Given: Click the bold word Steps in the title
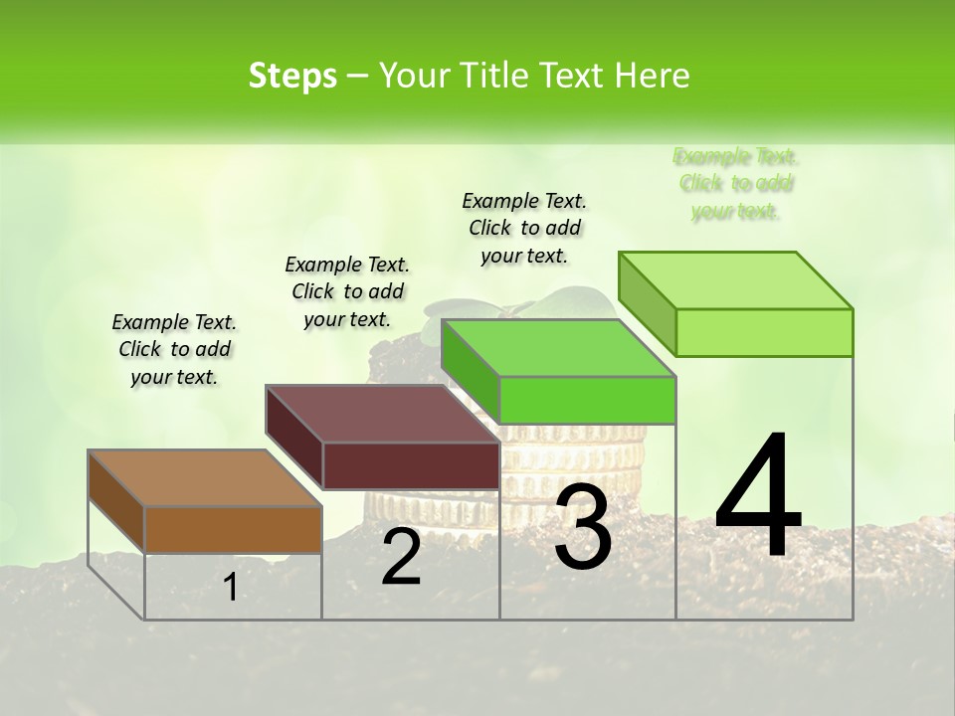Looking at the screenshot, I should [292, 76].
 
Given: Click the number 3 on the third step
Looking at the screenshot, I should [583, 528].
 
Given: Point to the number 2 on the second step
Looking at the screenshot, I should [401, 557].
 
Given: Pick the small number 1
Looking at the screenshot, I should [230, 588].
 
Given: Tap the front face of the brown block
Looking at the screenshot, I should [233, 529].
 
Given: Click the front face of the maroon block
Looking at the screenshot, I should [411, 465].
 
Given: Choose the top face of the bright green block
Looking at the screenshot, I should [558, 348].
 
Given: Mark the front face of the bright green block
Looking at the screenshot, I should [587, 400].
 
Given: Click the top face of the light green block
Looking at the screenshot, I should [735, 280].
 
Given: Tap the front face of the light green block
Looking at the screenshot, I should [764, 332].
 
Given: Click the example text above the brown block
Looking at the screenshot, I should [174, 349].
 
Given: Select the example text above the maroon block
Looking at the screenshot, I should [347, 291].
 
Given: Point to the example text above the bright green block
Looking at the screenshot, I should [524, 228].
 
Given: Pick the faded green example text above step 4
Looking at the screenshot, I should [736, 184].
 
